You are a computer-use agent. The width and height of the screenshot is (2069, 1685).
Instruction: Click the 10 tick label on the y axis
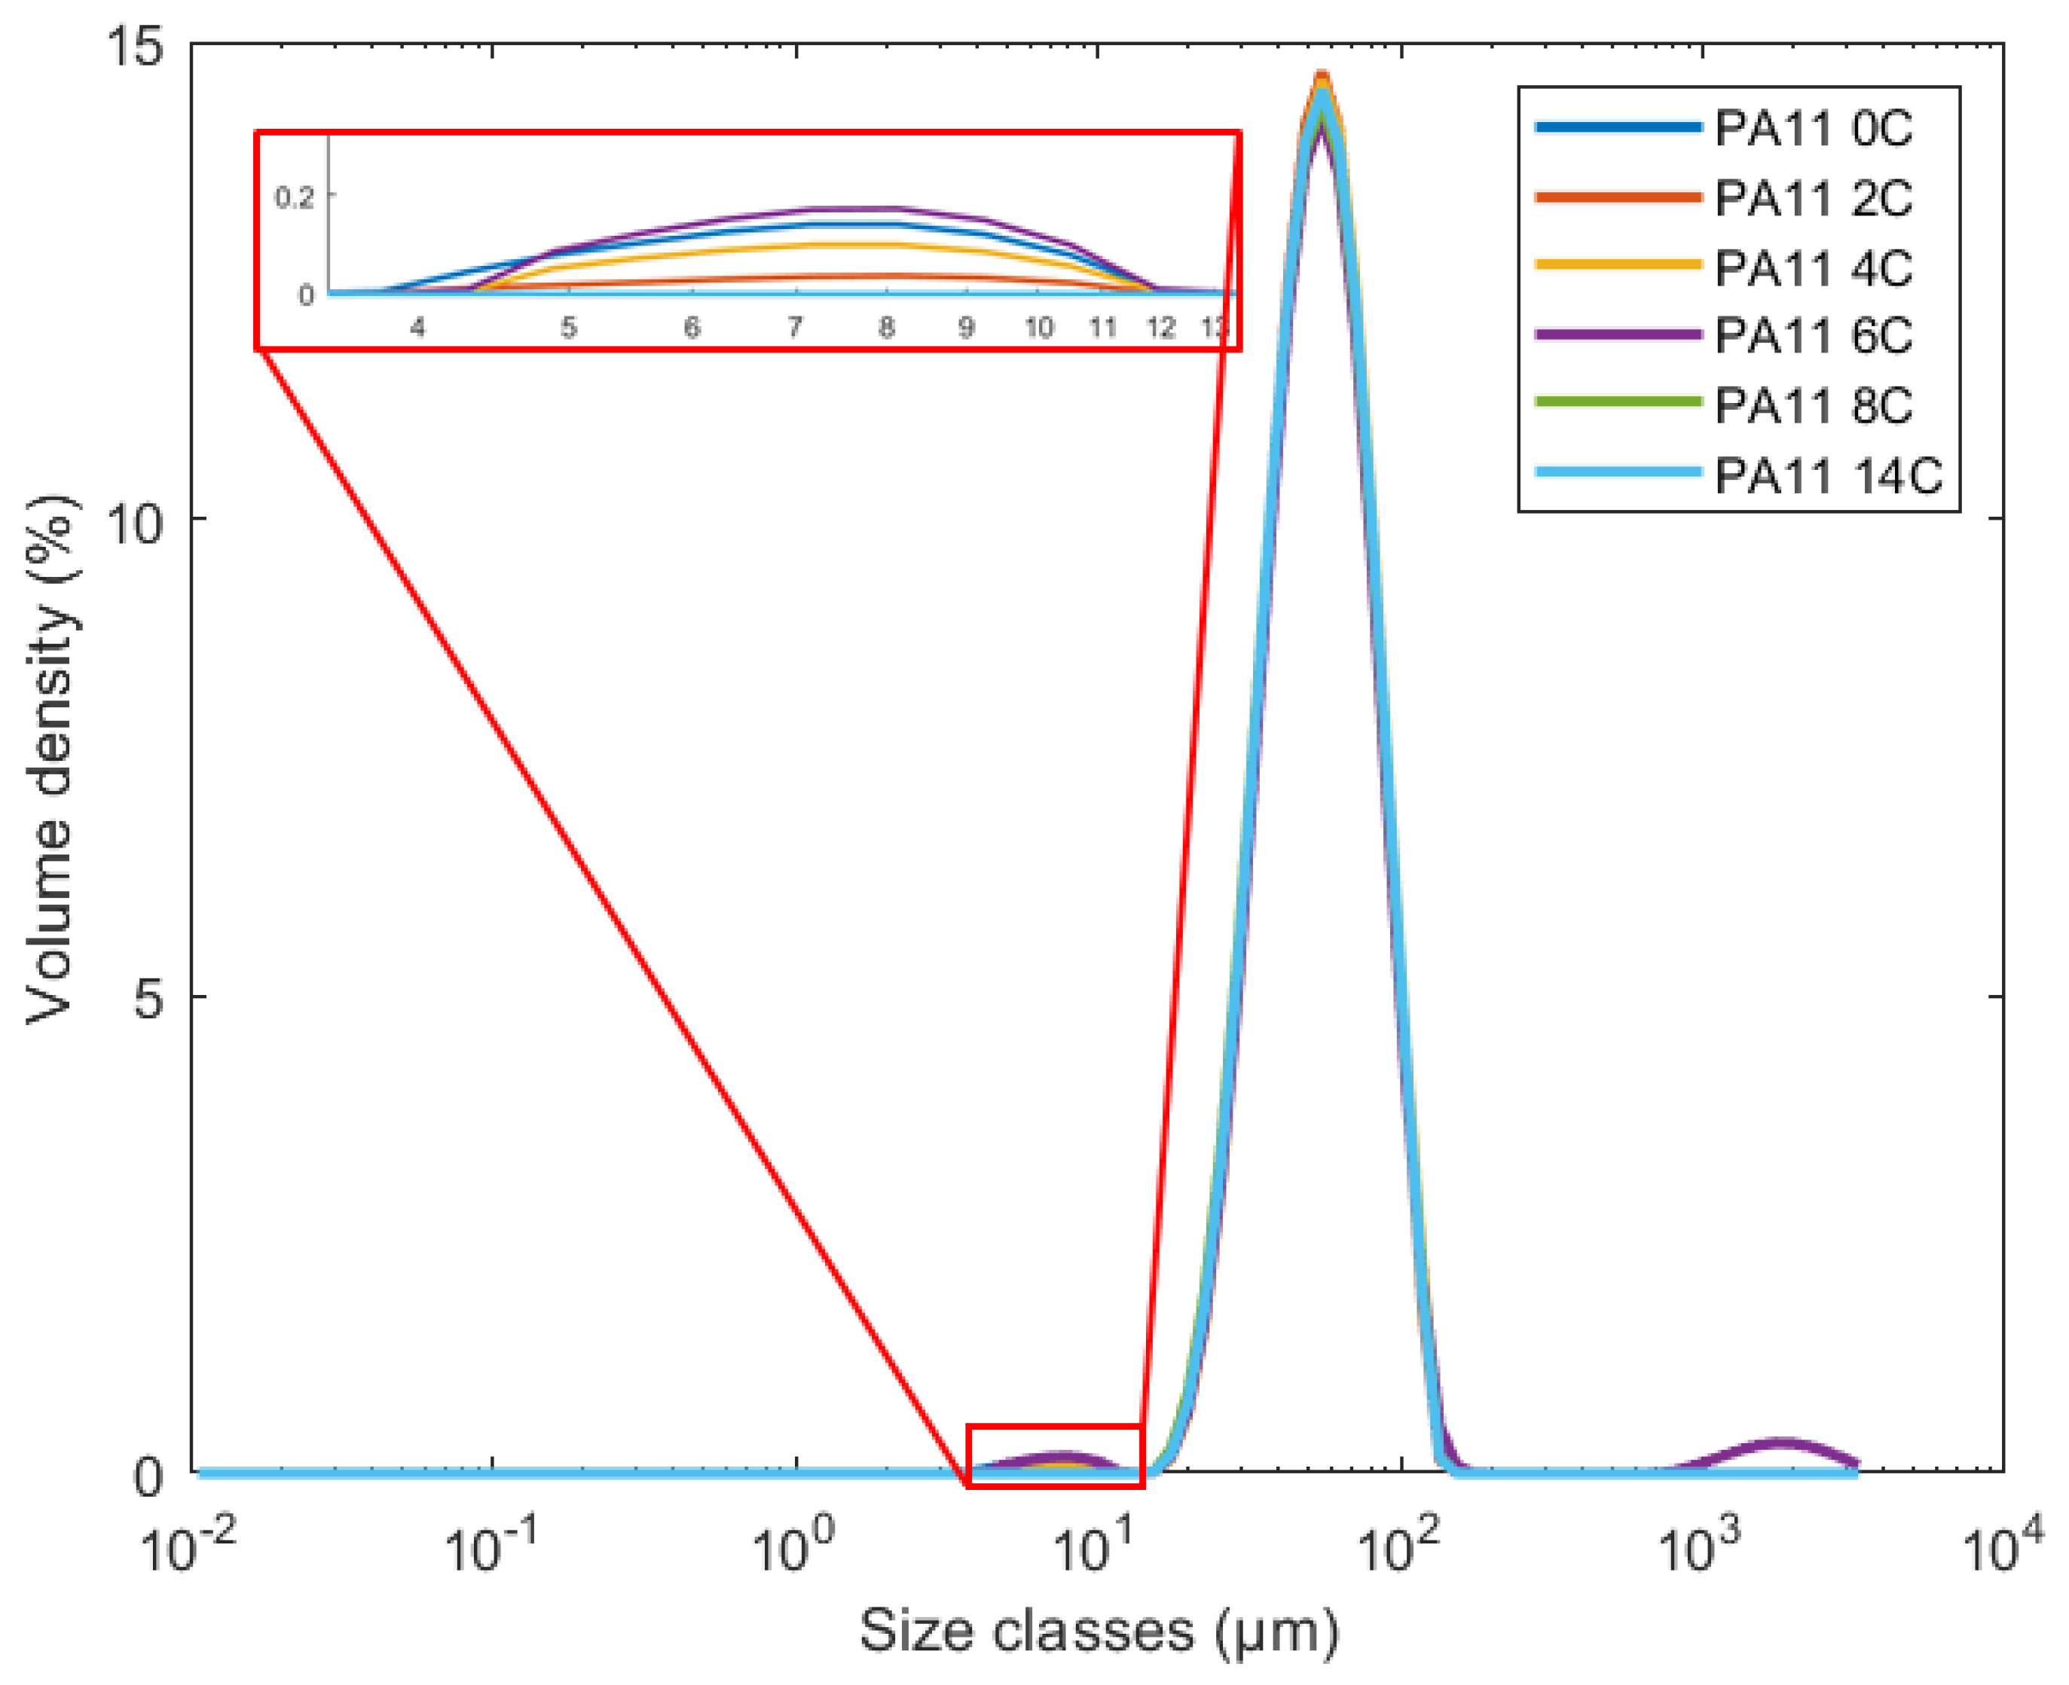pyautogui.click(x=135, y=522)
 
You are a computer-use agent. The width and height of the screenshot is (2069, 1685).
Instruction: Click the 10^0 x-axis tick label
pyautogui.click(x=793, y=1543)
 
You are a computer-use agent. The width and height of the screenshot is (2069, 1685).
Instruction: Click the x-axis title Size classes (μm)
pyautogui.click(x=1098, y=1631)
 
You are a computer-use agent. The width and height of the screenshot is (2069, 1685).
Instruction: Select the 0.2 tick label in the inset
pyautogui.click(x=294, y=198)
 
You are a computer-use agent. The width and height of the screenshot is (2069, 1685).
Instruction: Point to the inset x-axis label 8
pyautogui.click(x=885, y=328)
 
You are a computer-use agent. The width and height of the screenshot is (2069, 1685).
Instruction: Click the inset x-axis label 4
pyautogui.click(x=417, y=328)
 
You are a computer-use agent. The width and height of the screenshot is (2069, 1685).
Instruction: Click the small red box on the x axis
pyautogui.click(x=1056, y=1456)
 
